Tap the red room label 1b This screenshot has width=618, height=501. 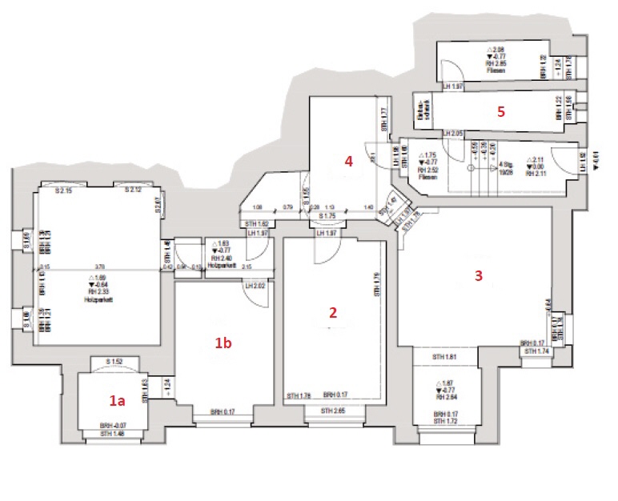coord(223,343)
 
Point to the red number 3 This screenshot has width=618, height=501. coord(479,276)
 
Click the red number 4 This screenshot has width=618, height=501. coord(348,160)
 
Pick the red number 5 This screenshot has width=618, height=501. coord(500,112)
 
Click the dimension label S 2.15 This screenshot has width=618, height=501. coord(64,190)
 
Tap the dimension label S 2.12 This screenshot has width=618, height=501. coord(133,190)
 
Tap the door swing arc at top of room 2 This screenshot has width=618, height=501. coord(325,252)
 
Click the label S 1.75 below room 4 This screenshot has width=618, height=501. coord(327,216)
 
